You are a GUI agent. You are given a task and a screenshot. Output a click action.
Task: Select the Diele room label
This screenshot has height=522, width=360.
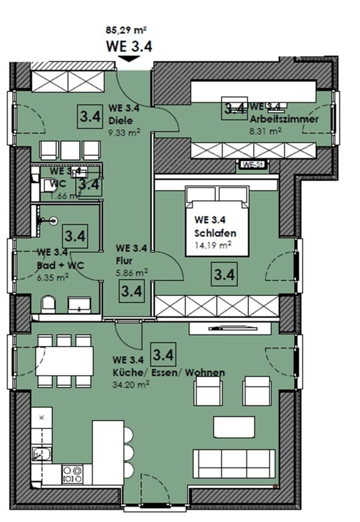[x=120, y=121]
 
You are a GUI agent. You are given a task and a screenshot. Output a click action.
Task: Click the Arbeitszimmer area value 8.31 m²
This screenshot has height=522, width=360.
[x=265, y=131]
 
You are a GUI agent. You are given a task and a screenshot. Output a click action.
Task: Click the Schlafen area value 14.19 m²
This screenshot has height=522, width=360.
[x=213, y=246]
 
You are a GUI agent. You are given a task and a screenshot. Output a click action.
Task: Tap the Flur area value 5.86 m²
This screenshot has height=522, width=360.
[x=132, y=273]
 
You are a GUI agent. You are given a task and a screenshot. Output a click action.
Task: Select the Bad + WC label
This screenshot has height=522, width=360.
[x=60, y=265]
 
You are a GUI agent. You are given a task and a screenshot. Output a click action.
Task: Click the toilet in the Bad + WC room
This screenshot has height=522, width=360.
[x=48, y=305]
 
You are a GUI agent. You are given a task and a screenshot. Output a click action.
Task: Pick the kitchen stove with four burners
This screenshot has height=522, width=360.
[x=73, y=474]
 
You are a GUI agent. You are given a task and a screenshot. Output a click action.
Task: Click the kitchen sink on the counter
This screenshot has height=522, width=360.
[x=42, y=454]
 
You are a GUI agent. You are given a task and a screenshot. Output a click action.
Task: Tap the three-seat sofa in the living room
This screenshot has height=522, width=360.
[x=234, y=464]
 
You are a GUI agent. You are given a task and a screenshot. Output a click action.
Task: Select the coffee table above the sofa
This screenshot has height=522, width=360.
[x=234, y=427]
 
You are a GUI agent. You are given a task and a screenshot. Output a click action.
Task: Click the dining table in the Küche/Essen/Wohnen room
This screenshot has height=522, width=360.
[x=64, y=360]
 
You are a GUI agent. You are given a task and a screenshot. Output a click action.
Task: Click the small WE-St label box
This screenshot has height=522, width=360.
[x=252, y=165]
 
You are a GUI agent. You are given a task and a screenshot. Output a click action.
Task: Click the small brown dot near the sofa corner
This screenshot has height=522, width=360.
[x=276, y=486]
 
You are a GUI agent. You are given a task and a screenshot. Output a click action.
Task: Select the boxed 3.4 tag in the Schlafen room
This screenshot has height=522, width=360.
[x=224, y=275]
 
